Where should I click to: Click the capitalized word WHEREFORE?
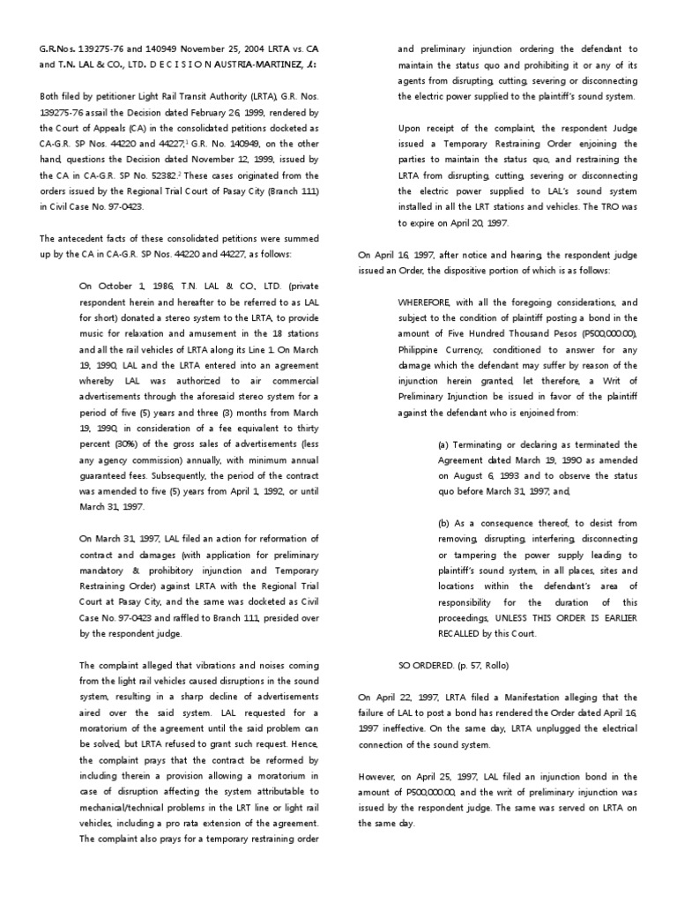coord(433,302)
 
